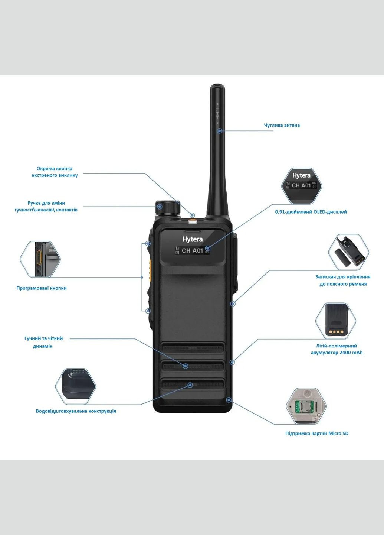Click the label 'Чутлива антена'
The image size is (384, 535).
point(282,125)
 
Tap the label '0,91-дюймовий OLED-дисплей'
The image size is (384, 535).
point(311,212)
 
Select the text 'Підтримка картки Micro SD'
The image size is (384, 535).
point(316,433)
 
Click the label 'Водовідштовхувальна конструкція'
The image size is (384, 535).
point(76,411)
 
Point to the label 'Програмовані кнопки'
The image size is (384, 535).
point(42,288)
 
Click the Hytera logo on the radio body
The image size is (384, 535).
point(192,239)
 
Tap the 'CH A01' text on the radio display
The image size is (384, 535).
point(192,250)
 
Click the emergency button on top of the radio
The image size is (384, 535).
point(193,221)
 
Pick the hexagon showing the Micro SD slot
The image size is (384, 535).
point(306,406)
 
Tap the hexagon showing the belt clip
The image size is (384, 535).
point(348,252)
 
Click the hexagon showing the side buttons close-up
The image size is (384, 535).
point(40,259)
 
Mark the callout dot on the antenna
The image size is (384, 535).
point(220,131)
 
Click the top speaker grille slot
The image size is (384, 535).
point(192,348)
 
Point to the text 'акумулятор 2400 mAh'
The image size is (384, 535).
point(337,353)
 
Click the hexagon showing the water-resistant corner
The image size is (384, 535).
point(76,386)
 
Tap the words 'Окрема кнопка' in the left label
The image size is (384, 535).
point(54,168)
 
